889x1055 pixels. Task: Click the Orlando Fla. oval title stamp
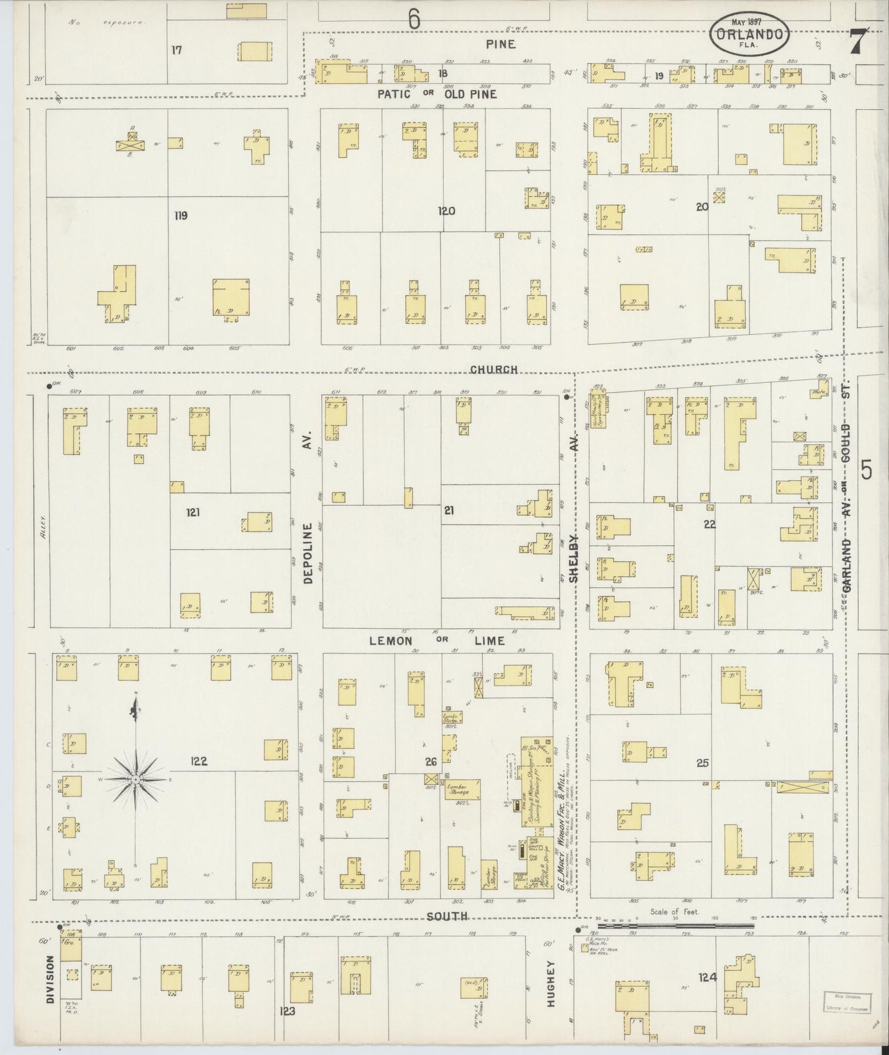pyautogui.click(x=749, y=34)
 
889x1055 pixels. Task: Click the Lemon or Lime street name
pyautogui.click(x=437, y=641)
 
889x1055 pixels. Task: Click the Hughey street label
pyautogui.click(x=551, y=983)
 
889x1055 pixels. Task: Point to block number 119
pyautogui.click(x=180, y=215)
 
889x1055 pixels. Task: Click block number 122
pyautogui.click(x=199, y=761)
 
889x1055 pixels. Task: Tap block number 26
pyautogui.click(x=431, y=762)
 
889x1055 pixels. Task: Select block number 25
pyautogui.click(x=703, y=763)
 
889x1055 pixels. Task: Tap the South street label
pyautogui.click(x=448, y=917)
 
